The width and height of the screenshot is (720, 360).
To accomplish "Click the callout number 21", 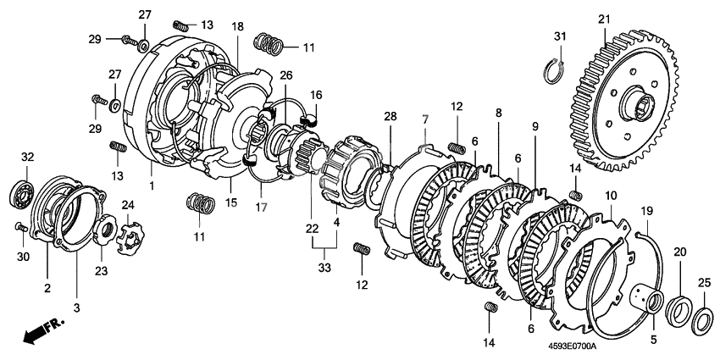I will tap(603, 19).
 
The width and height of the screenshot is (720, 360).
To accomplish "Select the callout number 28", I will tap(390, 115).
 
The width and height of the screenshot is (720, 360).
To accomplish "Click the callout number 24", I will tap(128, 204).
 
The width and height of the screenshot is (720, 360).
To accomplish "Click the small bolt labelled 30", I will tap(19, 227).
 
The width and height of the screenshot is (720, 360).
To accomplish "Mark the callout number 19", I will tap(645, 210).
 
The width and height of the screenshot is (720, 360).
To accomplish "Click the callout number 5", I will tap(653, 341).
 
